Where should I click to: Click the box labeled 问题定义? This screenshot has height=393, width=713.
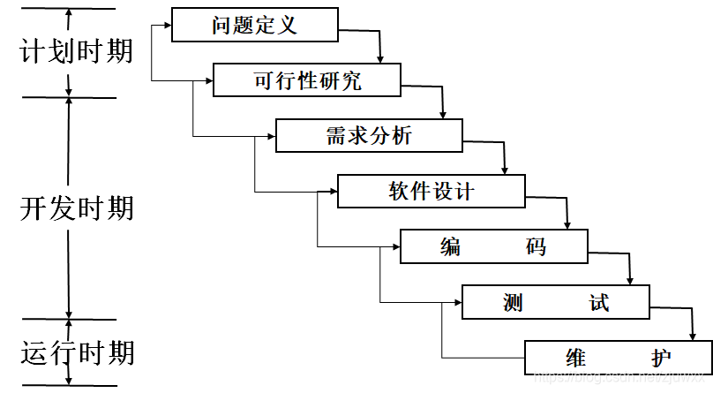click(x=255, y=25)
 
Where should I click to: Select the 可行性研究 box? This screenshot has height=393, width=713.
click(x=308, y=80)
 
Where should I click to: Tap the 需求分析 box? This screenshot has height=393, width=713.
click(x=369, y=135)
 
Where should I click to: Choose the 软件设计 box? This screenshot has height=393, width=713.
click(x=432, y=191)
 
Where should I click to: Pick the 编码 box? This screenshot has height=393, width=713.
click(x=493, y=246)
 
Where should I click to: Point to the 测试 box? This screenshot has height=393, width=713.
click(x=555, y=302)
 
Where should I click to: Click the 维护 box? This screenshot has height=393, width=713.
click(x=618, y=357)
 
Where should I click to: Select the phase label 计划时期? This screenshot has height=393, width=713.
click(x=77, y=50)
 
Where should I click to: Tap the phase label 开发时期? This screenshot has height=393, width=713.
click(x=77, y=208)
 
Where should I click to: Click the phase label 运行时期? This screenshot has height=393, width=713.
click(x=77, y=353)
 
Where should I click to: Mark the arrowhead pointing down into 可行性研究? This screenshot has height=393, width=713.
click(x=380, y=59)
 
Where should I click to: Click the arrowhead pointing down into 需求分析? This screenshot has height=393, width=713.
click(x=443, y=114)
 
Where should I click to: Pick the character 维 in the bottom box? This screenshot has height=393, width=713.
click(x=576, y=358)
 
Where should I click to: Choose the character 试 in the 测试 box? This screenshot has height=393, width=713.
click(x=599, y=302)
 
